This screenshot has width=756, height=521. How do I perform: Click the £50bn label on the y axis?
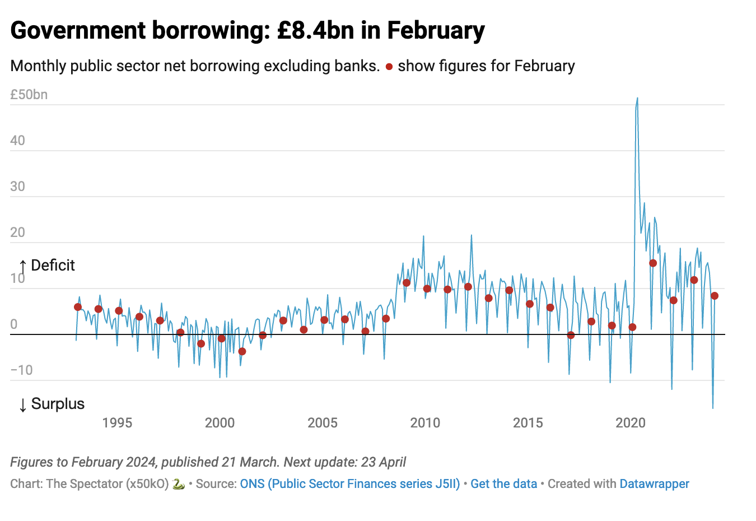[x=29, y=95]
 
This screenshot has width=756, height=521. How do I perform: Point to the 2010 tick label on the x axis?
[x=425, y=423]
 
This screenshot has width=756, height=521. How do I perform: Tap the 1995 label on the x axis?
[x=117, y=423]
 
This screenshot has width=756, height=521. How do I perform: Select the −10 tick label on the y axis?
[x=21, y=370]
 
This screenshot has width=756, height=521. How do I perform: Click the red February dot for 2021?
[x=653, y=263]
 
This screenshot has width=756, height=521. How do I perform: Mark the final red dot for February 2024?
[x=715, y=296]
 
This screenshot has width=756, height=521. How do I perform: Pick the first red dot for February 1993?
[x=78, y=307]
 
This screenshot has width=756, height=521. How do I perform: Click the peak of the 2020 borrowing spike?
[x=637, y=99]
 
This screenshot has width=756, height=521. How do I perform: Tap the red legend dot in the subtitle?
[x=389, y=67]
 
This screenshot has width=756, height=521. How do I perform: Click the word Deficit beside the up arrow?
[x=53, y=266]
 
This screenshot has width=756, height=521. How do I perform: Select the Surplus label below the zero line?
[x=58, y=404]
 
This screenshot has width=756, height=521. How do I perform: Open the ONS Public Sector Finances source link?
[x=349, y=484]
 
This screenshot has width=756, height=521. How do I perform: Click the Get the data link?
[x=503, y=484]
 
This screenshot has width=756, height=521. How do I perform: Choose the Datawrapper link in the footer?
[x=654, y=484]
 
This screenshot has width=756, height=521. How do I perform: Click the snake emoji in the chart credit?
[x=179, y=484]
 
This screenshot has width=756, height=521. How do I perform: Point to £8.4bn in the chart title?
[x=315, y=30]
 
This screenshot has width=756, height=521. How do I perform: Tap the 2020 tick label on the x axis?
[x=631, y=423]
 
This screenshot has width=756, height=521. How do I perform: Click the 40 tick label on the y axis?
[x=18, y=141]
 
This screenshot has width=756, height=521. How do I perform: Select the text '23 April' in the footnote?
[x=384, y=462]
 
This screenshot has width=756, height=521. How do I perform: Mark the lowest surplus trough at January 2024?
[x=713, y=408]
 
